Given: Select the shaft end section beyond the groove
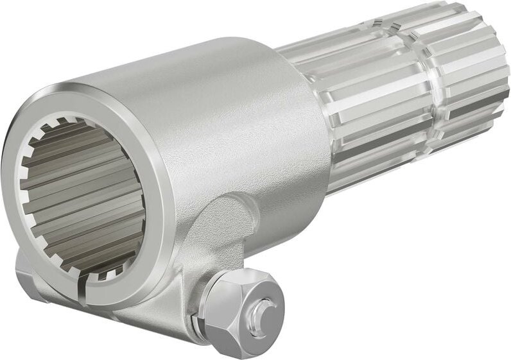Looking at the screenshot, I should tap(469, 77).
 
